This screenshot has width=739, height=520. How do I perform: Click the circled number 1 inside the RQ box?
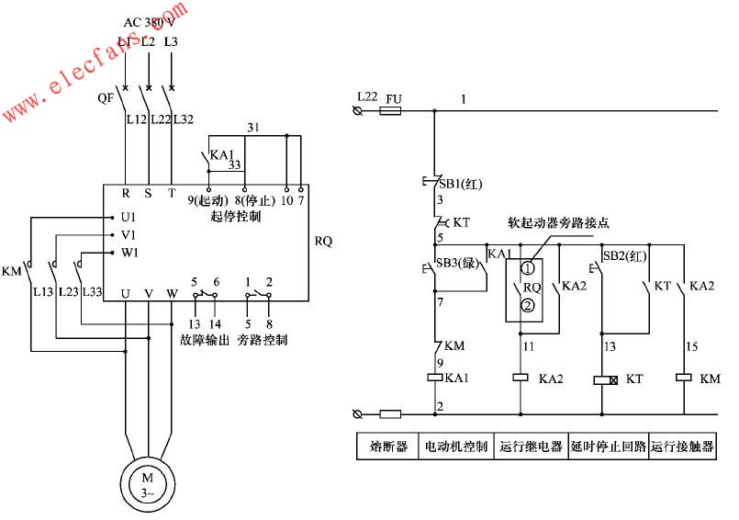[528, 269]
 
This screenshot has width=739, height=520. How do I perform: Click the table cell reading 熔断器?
[387, 447]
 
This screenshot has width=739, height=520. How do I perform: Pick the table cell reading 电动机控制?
[456, 447]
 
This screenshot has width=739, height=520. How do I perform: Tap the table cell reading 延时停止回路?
[608, 447]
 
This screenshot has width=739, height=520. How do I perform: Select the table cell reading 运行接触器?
[683, 447]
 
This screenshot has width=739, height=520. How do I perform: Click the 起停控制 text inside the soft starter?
[236, 217]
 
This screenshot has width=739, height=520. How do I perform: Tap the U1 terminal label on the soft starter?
[128, 217]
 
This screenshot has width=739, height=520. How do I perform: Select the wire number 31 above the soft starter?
[253, 125]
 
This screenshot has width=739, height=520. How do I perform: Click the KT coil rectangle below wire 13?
[602, 379]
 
